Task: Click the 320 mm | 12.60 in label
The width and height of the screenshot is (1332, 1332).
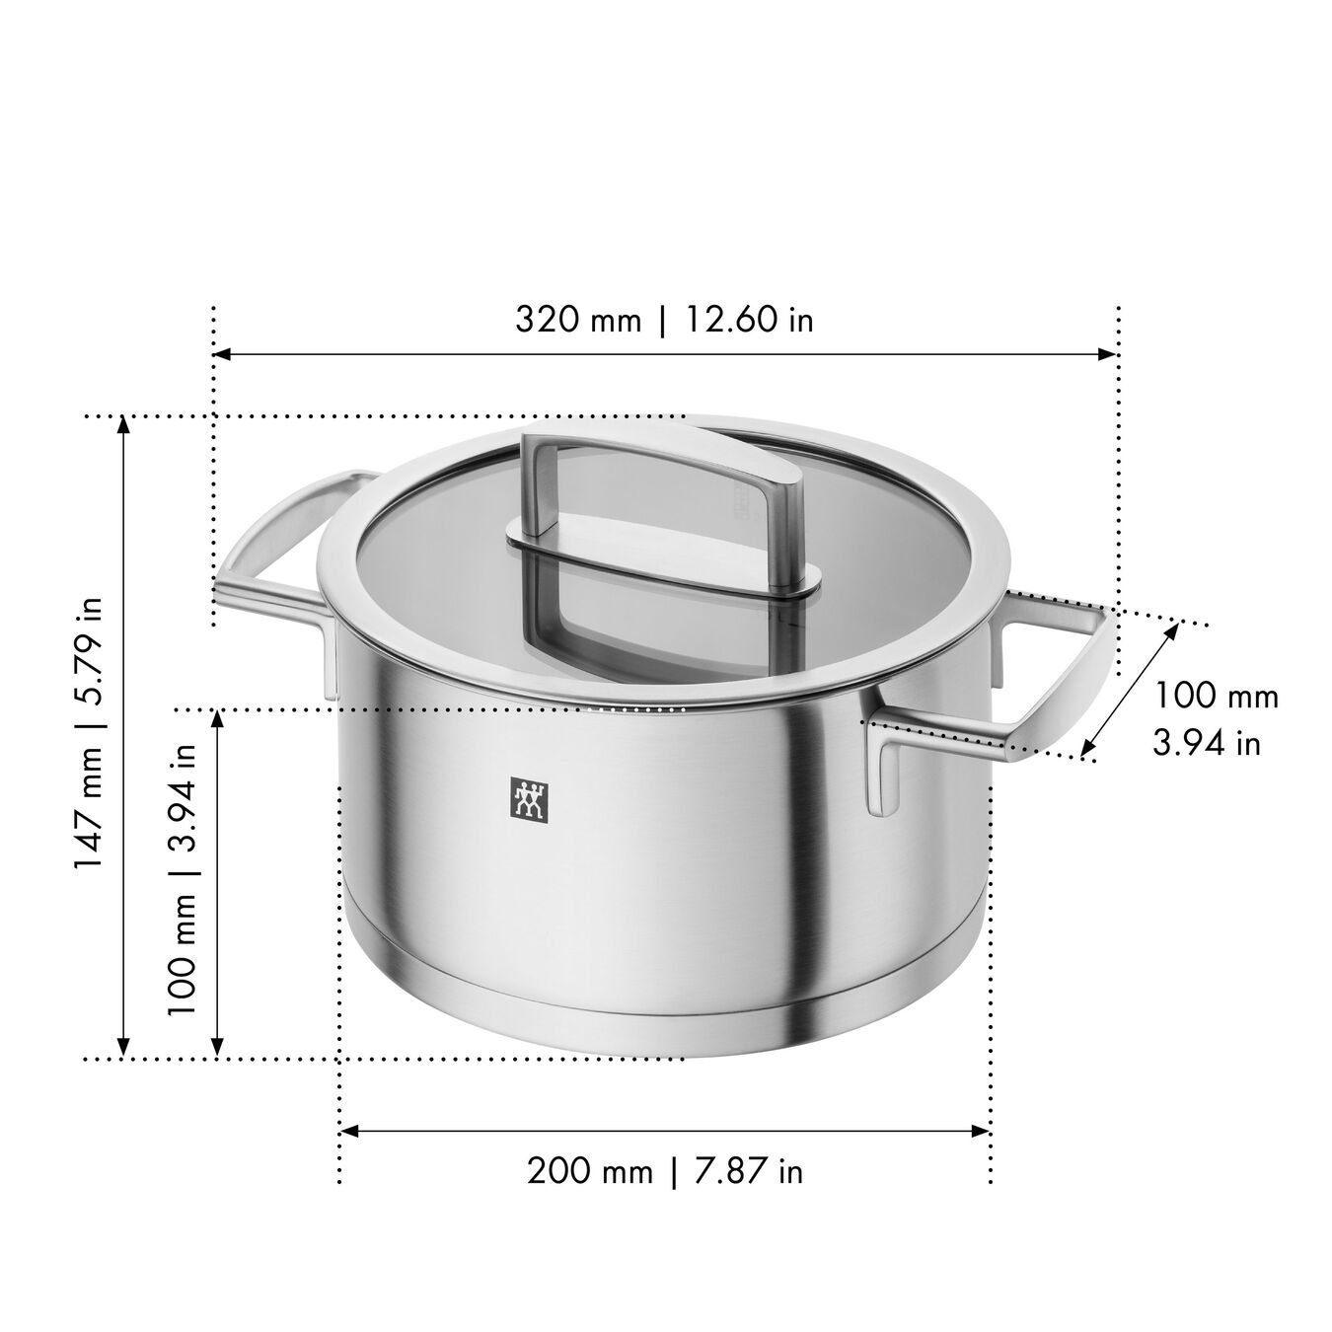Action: [664, 320]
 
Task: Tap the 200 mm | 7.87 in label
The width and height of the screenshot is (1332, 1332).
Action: [664, 1171]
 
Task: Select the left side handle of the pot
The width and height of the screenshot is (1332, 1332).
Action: [276, 553]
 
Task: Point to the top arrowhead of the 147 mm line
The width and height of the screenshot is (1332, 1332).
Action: [123, 425]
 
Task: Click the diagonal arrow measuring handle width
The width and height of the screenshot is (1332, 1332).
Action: [1131, 689]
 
